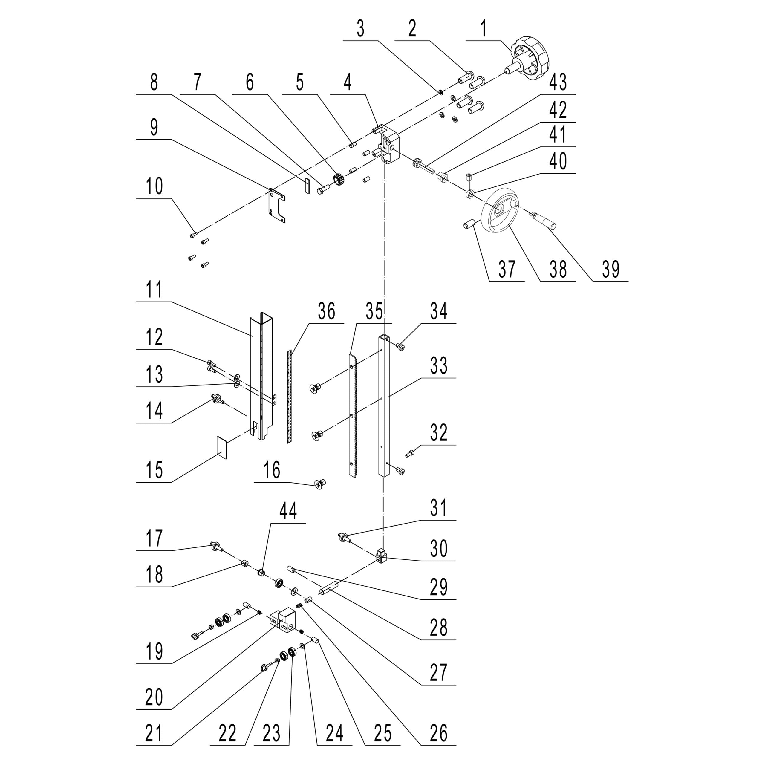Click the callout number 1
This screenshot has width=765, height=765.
tap(483, 29)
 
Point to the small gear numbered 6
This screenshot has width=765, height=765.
tap(340, 180)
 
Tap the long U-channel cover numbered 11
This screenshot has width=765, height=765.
tap(261, 376)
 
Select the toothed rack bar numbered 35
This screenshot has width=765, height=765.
tap(352, 416)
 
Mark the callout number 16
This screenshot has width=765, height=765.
tap(272, 470)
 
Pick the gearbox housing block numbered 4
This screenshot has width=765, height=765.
tap(388, 145)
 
